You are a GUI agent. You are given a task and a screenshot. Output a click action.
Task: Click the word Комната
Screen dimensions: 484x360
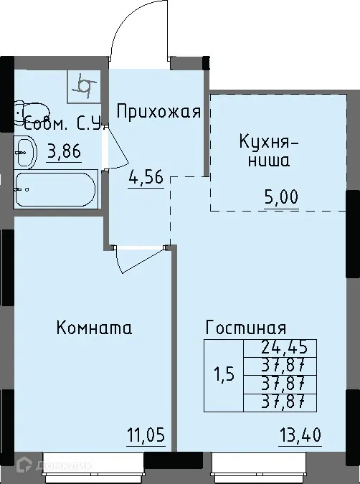point(93,328)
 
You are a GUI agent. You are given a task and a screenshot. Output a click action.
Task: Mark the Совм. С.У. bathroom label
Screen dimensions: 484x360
point(65,124)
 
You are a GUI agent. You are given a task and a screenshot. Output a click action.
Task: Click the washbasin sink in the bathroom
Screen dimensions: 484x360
point(25,151)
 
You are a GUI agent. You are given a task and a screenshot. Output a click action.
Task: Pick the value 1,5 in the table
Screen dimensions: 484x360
point(224,376)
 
